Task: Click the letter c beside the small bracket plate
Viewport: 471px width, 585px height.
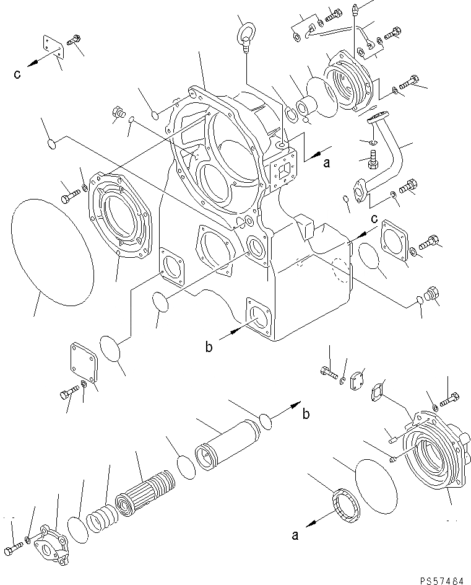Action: [x=17, y=75]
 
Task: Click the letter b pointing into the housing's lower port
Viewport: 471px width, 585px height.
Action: [x=209, y=348]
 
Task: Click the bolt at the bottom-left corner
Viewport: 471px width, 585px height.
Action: [x=13, y=549]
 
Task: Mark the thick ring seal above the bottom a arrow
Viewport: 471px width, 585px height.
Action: [x=344, y=501]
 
